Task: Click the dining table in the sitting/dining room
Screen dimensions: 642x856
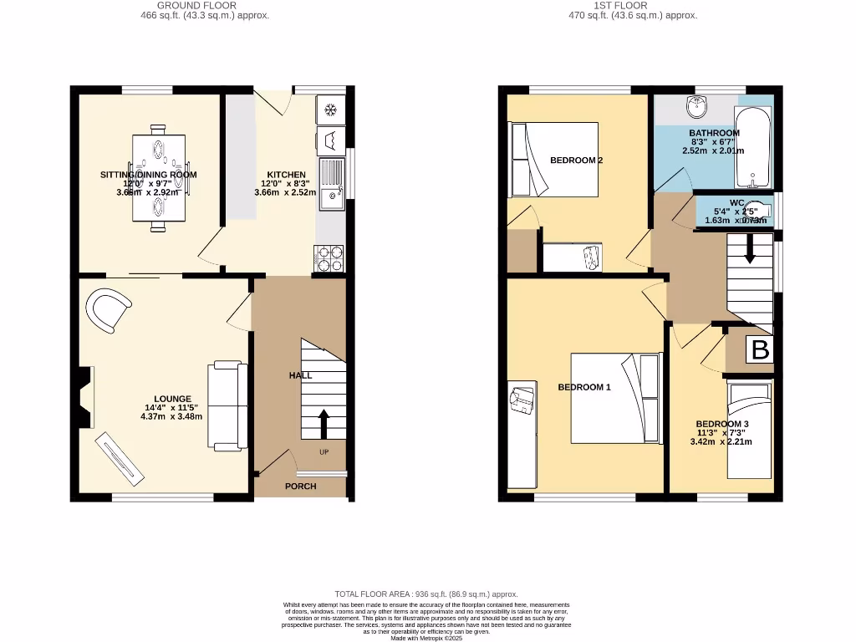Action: (x=158, y=175)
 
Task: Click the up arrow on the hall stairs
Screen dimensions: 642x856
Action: (x=324, y=423)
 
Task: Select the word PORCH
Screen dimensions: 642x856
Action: (x=300, y=486)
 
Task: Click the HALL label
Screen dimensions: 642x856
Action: (x=300, y=375)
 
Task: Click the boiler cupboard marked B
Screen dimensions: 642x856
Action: (x=760, y=349)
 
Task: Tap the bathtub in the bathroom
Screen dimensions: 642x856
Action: (x=754, y=147)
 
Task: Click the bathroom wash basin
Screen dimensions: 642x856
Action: (x=696, y=106)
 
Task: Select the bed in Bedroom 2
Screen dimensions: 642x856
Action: (x=555, y=160)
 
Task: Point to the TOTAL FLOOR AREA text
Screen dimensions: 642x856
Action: (x=426, y=594)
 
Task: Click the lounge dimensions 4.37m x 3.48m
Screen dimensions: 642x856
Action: (x=172, y=416)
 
